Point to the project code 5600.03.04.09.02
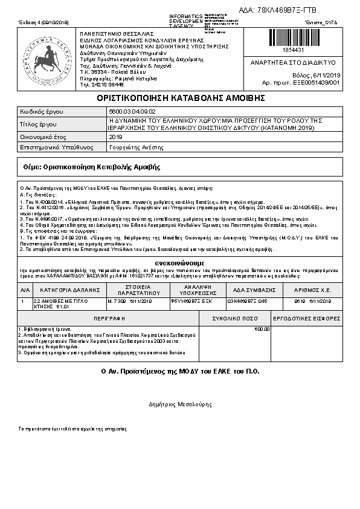click(132, 112)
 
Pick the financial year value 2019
click(115, 137)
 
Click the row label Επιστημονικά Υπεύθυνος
click(54, 147)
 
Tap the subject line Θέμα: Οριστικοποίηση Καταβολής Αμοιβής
click(91, 166)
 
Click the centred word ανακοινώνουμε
click(179, 263)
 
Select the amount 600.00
click(262, 329)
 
